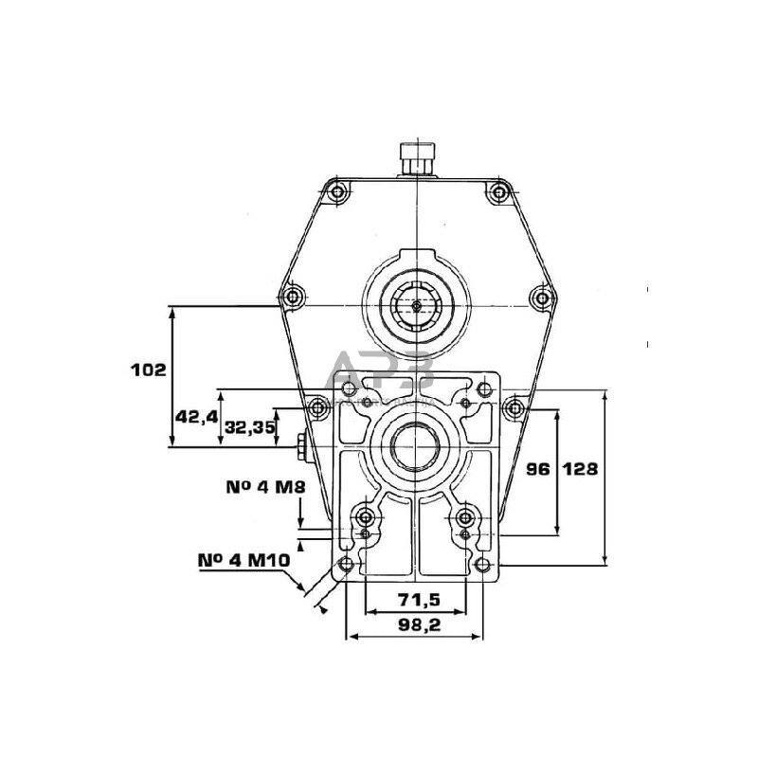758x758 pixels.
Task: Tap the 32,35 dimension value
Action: (x=250, y=427)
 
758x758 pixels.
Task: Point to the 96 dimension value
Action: (x=537, y=469)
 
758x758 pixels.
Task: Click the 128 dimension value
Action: (x=579, y=469)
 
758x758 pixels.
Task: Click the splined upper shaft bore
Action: (x=417, y=304)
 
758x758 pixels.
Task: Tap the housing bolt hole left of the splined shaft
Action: (x=293, y=298)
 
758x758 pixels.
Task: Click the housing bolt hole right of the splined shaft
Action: (x=541, y=299)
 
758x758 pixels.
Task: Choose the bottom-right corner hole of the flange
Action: (x=485, y=566)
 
